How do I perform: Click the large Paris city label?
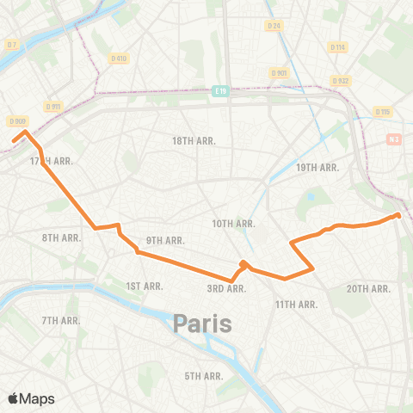click(204, 324)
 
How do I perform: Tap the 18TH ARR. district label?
click(194, 140)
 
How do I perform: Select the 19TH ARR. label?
click(318, 168)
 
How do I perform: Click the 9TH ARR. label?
click(165, 240)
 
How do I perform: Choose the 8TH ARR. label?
click(60, 237)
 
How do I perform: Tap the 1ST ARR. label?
click(144, 286)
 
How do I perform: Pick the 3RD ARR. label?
click(227, 288)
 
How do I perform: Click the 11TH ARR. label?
click(297, 305)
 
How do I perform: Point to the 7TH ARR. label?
click(60, 320)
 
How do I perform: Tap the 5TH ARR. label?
click(204, 376)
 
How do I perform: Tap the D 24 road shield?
click(274, 26)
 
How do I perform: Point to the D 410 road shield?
click(119, 59)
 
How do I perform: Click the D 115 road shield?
click(383, 112)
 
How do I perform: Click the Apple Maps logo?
click(31, 398)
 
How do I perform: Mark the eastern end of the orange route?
click(398, 215)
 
